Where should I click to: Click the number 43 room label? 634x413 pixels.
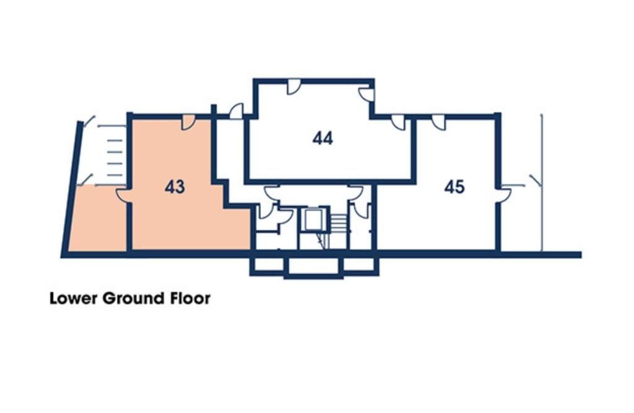[175, 186]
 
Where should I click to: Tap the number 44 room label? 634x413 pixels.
[323, 138]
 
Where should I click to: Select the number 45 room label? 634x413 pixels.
[454, 186]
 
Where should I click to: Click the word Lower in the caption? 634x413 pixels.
[74, 298]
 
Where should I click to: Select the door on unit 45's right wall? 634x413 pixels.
[505, 194]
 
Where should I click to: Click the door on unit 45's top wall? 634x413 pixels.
[438, 122]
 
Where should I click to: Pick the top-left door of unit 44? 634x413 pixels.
[293, 87]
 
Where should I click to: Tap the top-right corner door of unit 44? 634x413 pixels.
[367, 95]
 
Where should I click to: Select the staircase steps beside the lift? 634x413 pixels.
[337, 221]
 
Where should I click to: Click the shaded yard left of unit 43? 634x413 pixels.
[98, 220]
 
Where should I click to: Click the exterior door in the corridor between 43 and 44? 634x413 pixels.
[236, 111]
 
